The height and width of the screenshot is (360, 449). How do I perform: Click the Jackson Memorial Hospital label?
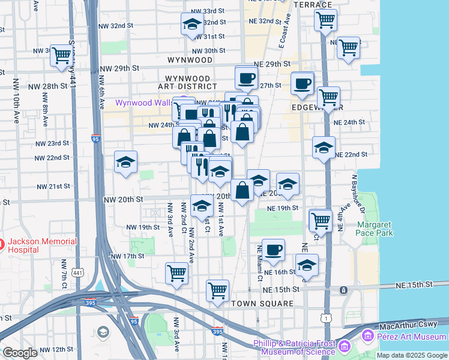pyautogui.click(x=42, y=247)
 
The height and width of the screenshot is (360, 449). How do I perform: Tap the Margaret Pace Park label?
pyautogui.click(x=374, y=229)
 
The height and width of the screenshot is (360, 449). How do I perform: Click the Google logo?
pyautogui.click(x=20, y=352)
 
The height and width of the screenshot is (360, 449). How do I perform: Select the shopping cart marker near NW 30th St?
pyautogui.click(x=62, y=55)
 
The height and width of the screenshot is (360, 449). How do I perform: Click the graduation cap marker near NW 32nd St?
pyautogui.click(x=192, y=25)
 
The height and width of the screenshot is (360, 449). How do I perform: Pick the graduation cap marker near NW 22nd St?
pyautogui.click(x=125, y=162)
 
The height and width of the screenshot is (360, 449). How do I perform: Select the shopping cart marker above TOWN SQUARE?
pyautogui.click(x=217, y=290)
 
